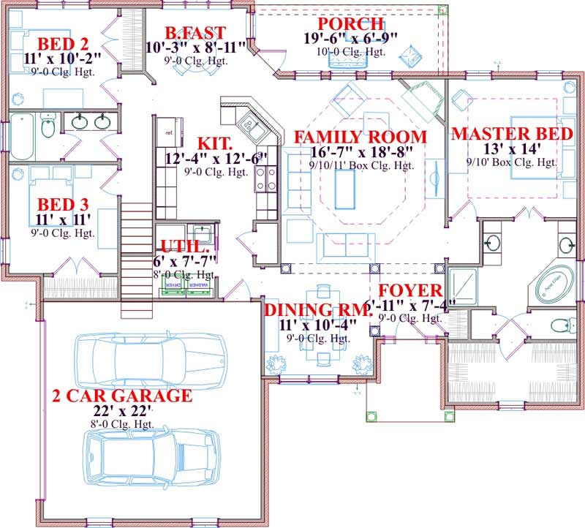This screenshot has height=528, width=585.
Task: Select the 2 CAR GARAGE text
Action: (122, 396)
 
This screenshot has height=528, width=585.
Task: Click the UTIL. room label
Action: (181, 246)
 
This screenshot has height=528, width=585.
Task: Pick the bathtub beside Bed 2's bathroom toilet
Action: (21, 136)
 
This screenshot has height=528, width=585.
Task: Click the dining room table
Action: (319, 359)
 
